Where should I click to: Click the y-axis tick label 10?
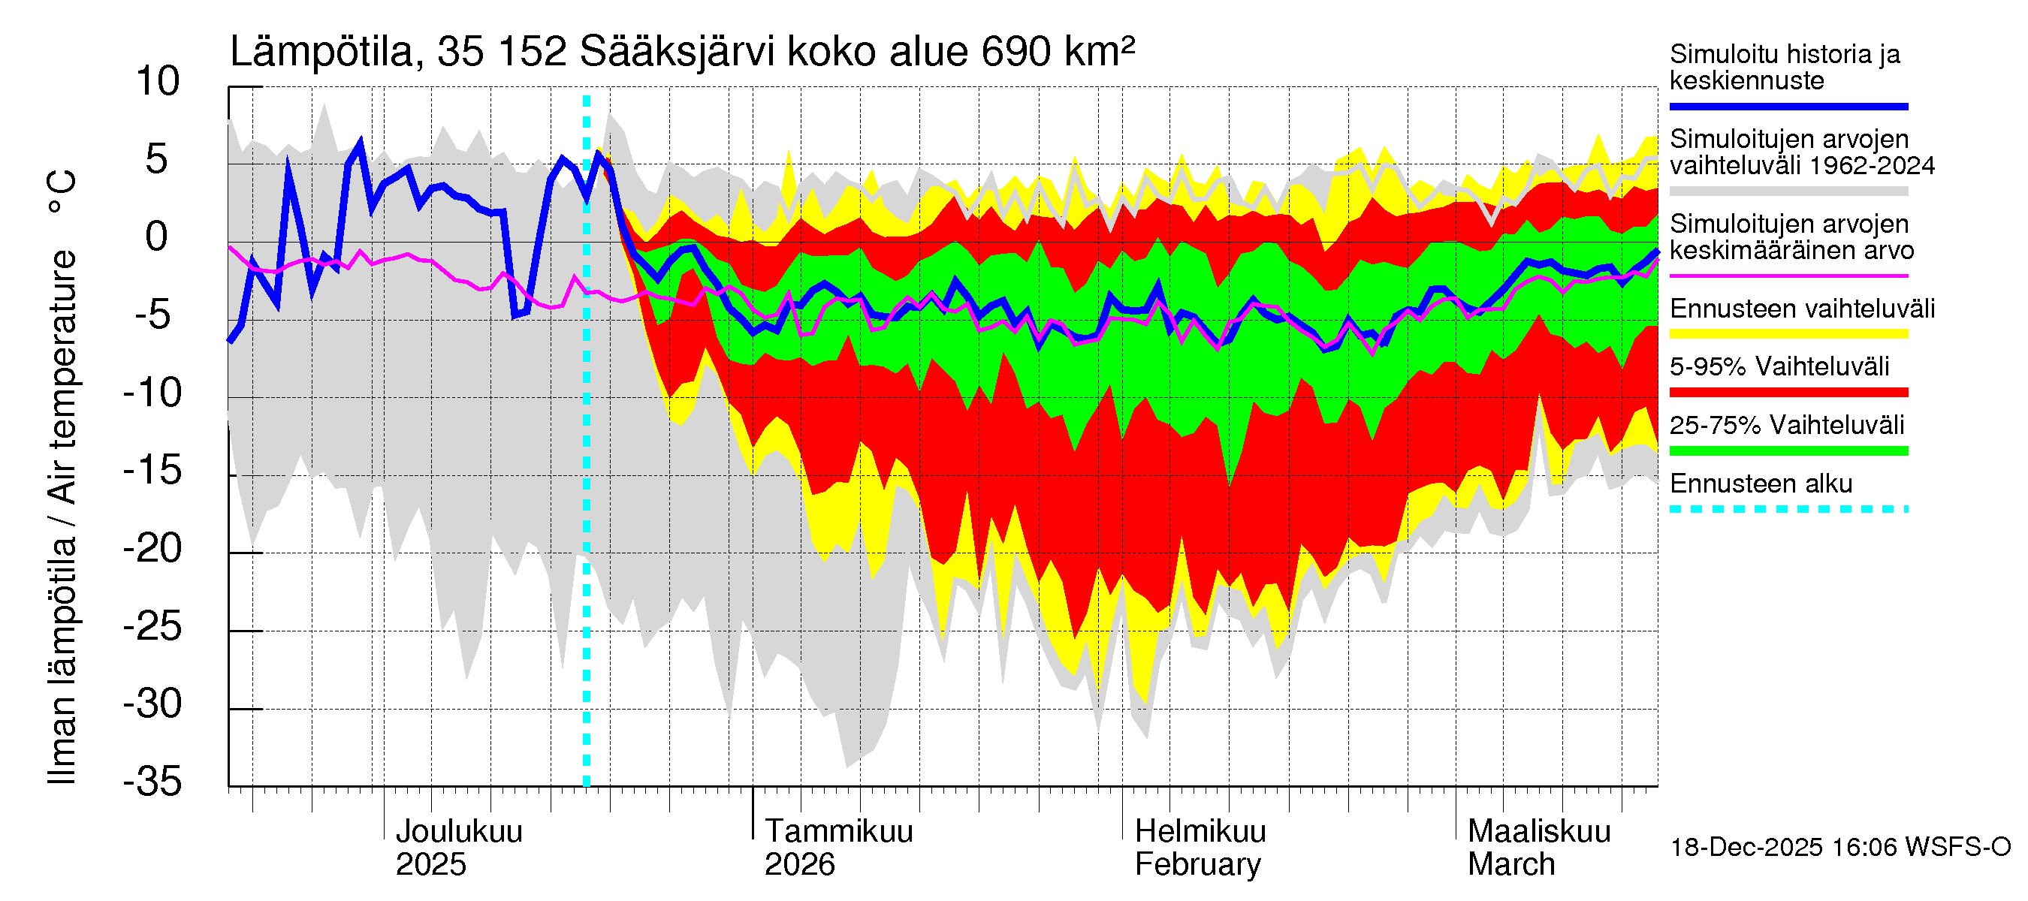point(158,82)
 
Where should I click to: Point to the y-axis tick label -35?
point(152,782)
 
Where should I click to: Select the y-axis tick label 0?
point(157,237)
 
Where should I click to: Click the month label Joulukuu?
point(459,832)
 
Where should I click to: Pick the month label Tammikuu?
point(838,832)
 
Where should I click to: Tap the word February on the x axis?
point(1197,865)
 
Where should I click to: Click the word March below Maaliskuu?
point(1510,865)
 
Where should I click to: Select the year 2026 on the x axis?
point(799,865)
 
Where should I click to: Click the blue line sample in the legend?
point(1788,106)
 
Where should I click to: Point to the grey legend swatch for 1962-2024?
point(1788,191)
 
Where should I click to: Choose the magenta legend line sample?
point(1788,276)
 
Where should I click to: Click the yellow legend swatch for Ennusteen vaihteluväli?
point(1788,333)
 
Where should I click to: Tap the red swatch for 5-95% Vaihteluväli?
point(1788,392)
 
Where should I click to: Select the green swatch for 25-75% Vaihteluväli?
point(1788,451)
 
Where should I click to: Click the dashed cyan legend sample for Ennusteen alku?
point(1788,509)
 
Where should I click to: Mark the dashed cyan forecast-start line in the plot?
point(587,472)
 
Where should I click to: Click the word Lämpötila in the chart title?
point(321,52)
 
